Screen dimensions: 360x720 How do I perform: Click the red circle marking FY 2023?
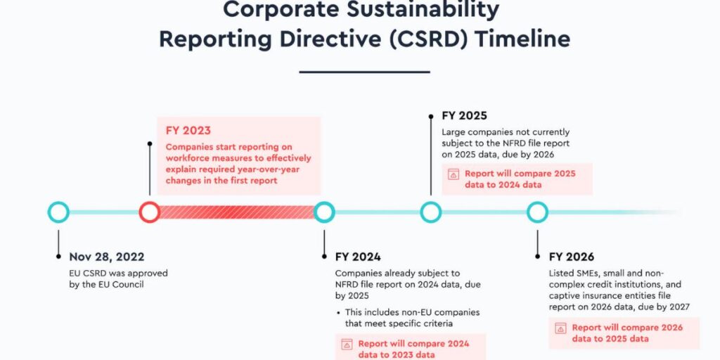pos(149,212)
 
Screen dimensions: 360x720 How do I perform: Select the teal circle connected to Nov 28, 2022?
pos(58,212)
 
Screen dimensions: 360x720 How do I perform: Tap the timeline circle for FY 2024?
pos(324,212)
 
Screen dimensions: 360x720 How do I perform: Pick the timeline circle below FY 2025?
pos(431,212)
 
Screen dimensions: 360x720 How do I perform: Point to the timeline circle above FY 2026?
pos(538,212)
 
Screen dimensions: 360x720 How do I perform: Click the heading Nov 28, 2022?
pos(108,257)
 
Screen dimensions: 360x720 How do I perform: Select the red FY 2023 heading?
pos(188,130)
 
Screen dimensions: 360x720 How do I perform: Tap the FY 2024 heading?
pos(358,257)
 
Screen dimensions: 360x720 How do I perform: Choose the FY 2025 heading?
pos(464,115)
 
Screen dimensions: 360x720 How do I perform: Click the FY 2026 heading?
pos(572,257)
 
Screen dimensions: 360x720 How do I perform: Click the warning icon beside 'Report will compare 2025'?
pos(454,174)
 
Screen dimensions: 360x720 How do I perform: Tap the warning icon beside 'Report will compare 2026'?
pos(560,328)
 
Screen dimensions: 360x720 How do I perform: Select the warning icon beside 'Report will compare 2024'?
pos(347,345)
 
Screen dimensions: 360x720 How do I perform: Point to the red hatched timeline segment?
pos(236,212)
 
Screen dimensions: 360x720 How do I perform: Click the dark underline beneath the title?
pos(364,71)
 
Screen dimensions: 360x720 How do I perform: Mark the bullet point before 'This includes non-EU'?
pos(338,312)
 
